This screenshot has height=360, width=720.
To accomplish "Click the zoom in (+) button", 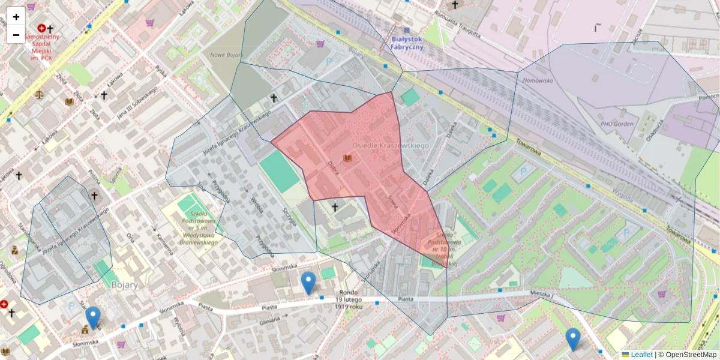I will [x=16, y=17].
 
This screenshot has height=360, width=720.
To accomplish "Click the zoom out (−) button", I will [x=16, y=35].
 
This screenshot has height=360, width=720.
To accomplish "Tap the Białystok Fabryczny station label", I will [x=407, y=43].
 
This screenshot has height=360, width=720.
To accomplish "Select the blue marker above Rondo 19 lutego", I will [x=308, y=283].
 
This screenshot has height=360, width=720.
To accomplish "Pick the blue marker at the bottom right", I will [x=573, y=339].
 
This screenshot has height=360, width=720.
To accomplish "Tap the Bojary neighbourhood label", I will [x=125, y=285].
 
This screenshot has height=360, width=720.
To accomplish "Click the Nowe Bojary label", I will [x=226, y=55].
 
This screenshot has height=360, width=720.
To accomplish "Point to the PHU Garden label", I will [x=617, y=124].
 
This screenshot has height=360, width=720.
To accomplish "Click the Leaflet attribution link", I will [x=641, y=355].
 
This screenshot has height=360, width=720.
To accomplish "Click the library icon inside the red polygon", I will [x=347, y=158].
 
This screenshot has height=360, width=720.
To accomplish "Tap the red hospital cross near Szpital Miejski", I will [x=41, y=28].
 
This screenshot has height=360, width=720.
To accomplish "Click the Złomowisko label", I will [x=537, y=79].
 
